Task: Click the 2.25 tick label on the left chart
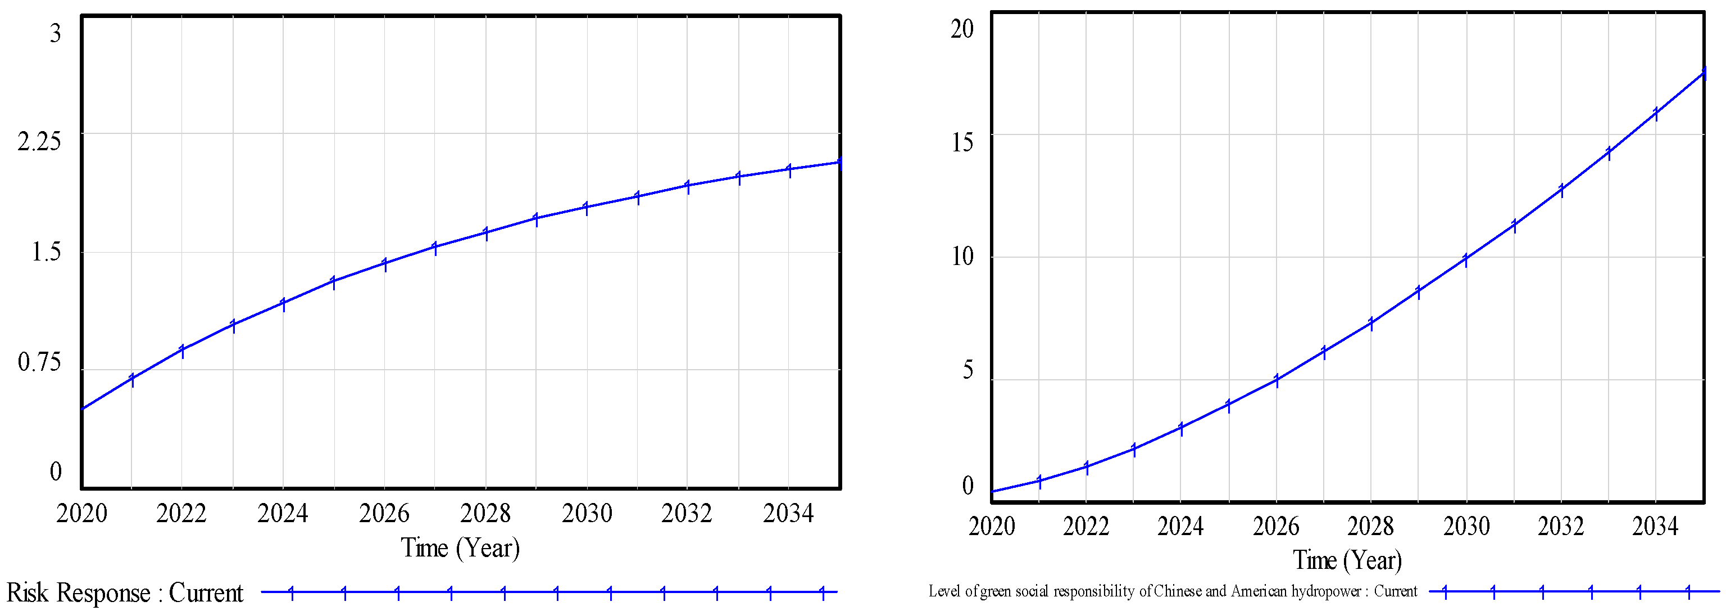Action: click(39, 141)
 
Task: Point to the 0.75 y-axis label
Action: click(39, 362)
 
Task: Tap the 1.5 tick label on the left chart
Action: click(46, 252)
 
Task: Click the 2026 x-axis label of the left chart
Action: click(384, 514)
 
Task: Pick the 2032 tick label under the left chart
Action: click(687, 514)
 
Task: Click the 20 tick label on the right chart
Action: click(962, 29)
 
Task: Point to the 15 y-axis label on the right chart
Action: click(962, 142)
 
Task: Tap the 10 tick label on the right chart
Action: click(962, 256)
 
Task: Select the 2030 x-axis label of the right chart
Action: click(1466, 527)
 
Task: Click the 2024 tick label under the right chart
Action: click(1180, 527)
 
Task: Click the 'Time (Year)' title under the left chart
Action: click(460, 548)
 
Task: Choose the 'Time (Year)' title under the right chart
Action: click(1347, 560)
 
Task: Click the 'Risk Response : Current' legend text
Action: click(125, 593)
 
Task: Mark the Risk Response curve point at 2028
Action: click(486, 233)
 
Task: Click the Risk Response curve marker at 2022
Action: click(181, 350)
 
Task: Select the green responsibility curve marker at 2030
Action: click(1466, 259)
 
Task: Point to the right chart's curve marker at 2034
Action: click(1656, 113)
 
